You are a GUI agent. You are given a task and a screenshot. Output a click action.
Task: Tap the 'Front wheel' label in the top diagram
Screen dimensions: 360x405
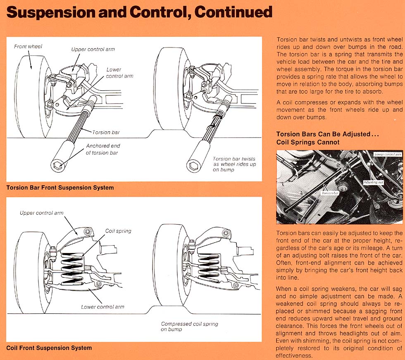[x=28, y=46]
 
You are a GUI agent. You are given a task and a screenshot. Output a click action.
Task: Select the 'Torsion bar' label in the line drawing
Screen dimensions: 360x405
[x=107, y=133]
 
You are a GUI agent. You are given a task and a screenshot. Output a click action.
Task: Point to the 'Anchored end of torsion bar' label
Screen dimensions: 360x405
[x=103, y=149]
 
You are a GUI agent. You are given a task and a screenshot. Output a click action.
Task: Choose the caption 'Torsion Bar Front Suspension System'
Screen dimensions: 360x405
[x=60, y=187]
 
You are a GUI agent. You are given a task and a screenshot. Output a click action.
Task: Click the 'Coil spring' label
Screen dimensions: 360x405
[x=118, y=231]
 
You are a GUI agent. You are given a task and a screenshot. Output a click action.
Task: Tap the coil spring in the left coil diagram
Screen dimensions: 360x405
[x=73, y=267]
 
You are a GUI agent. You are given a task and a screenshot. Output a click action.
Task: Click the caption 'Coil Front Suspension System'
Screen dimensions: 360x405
[x=49, y=348]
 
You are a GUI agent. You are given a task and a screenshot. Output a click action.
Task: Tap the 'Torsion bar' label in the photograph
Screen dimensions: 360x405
[x=331, y=193]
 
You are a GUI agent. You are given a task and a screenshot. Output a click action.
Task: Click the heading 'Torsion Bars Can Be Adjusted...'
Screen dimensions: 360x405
[x=327, y=134]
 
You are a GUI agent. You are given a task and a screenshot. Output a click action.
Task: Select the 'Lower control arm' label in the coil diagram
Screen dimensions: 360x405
[x=102, y=307]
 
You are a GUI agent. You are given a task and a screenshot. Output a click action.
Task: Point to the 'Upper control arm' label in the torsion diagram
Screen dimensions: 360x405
[x=93, y=50]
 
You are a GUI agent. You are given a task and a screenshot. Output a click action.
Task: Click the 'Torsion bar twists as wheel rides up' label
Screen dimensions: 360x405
[x=234, y=164]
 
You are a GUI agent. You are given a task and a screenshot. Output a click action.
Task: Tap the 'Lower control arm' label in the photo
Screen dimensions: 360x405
[x=387, y=154]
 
